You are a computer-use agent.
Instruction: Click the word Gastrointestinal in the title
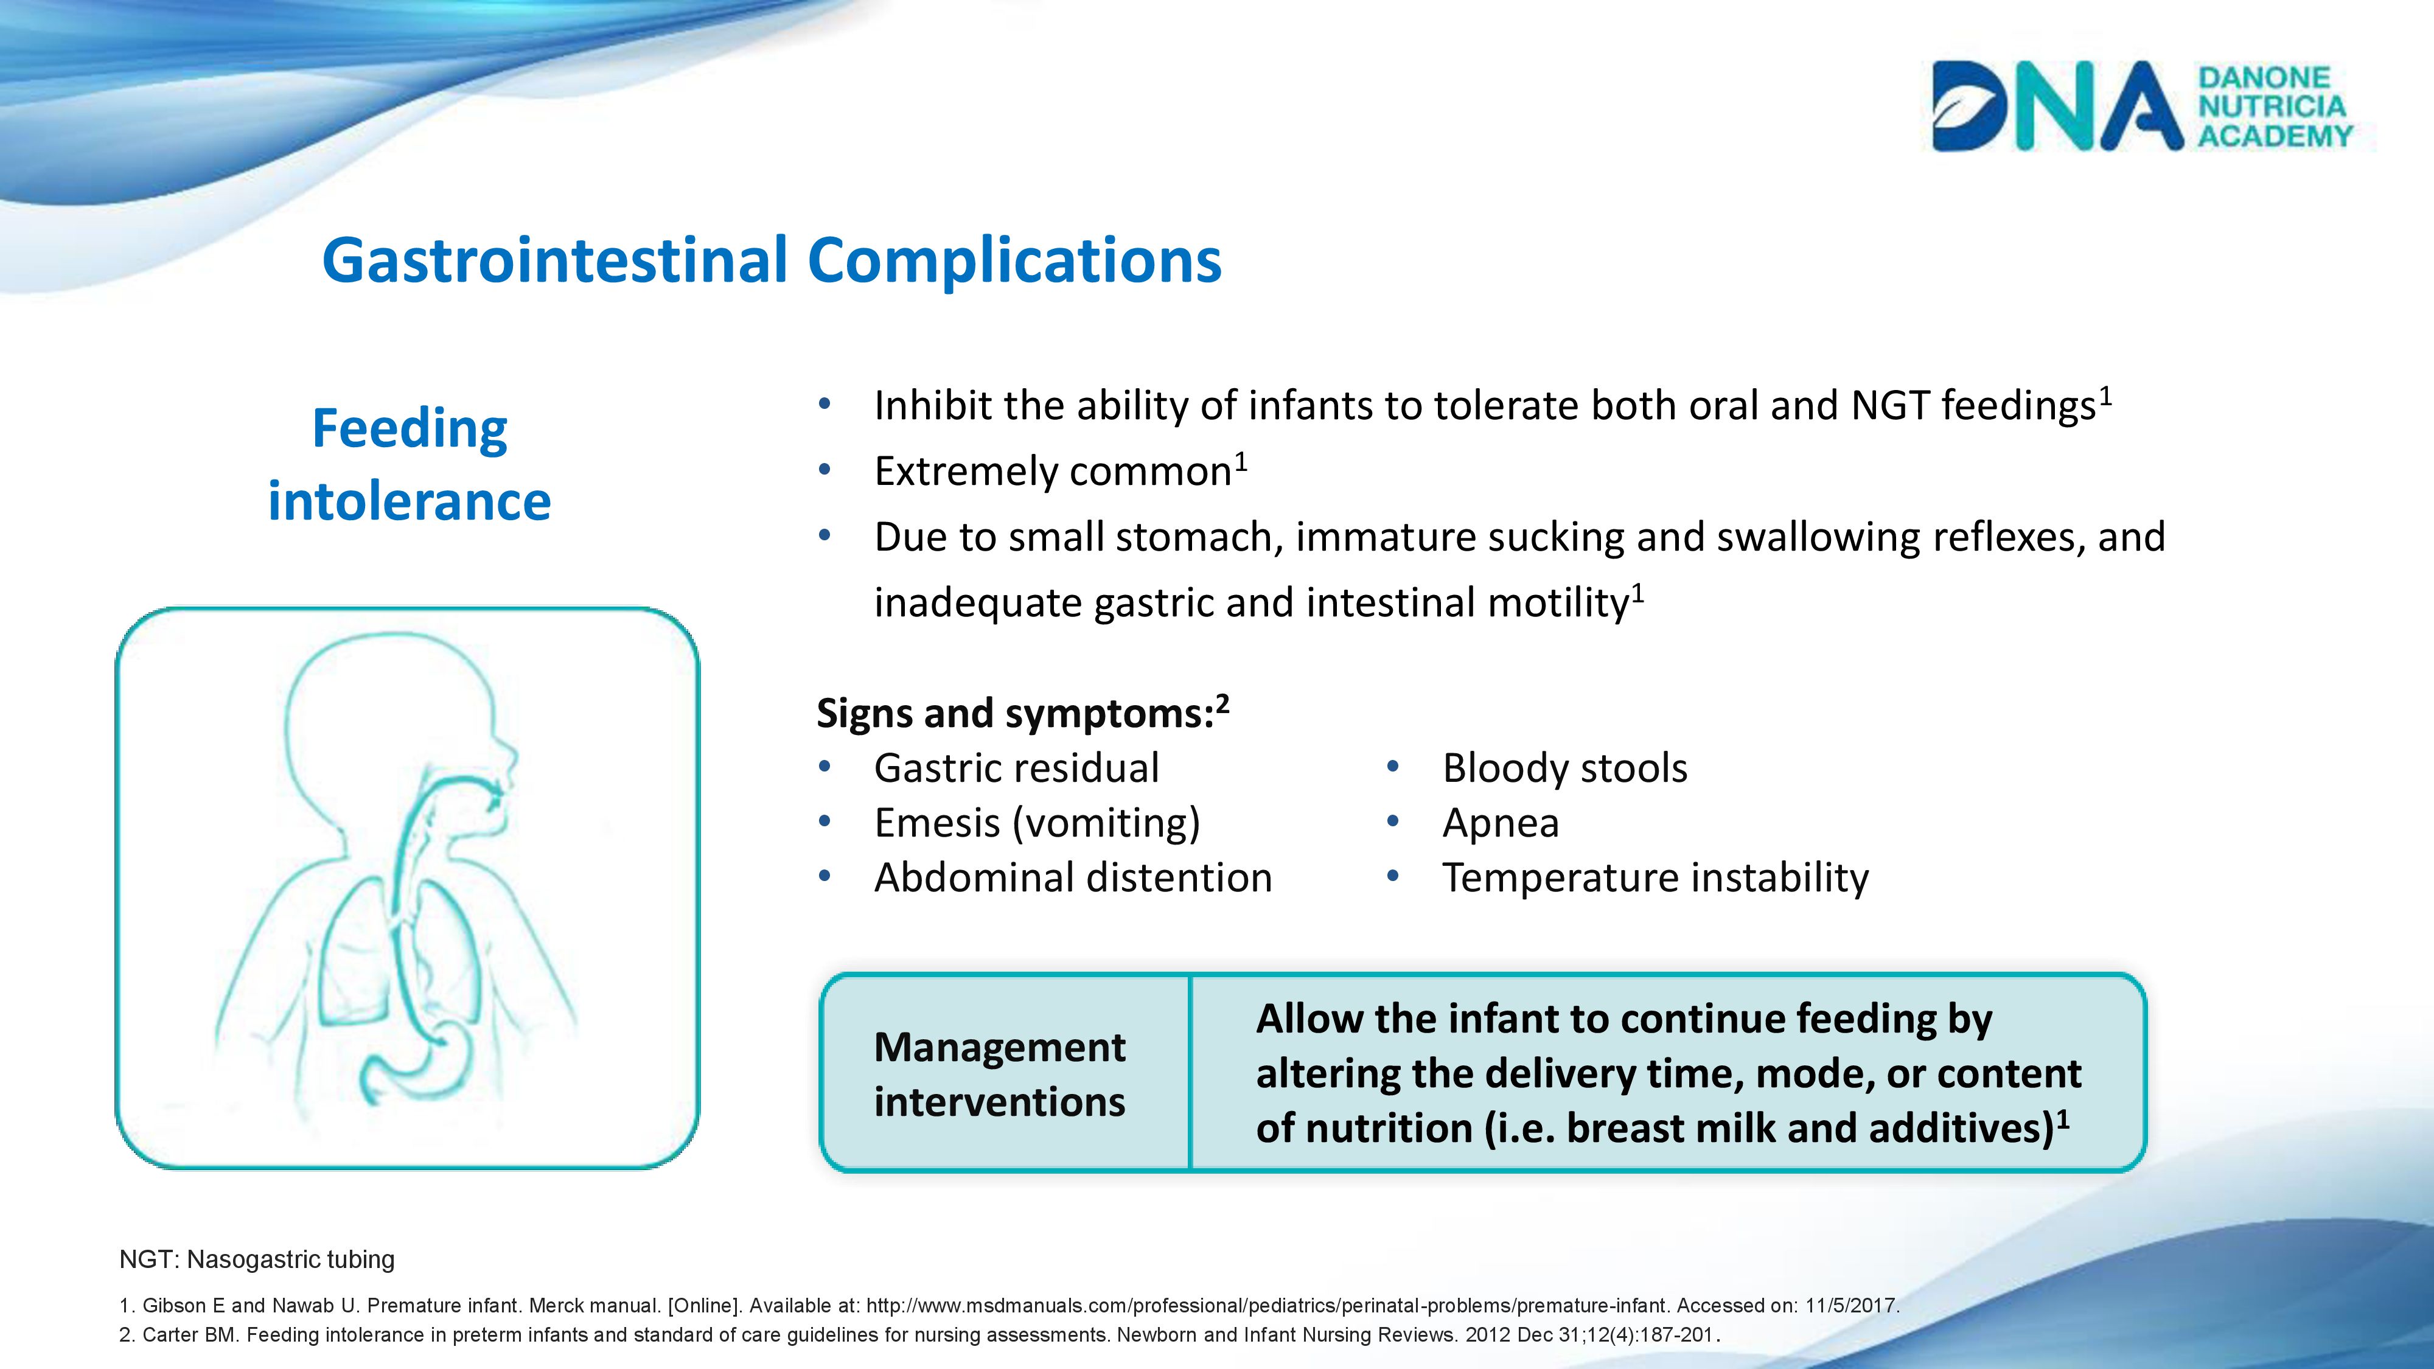click(x=554, y=260)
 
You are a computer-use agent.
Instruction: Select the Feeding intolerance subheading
click(x=409, y=464)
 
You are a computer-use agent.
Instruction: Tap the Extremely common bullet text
click(x=1060, y=470)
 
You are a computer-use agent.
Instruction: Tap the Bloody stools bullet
click(x=1564, y=768)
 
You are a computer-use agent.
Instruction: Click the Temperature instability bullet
click(x=1655, y=878)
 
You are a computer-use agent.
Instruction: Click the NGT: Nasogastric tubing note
click(x=257, y=1259)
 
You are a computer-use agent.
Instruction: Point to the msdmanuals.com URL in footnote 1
click(x=1267, y=1306)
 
